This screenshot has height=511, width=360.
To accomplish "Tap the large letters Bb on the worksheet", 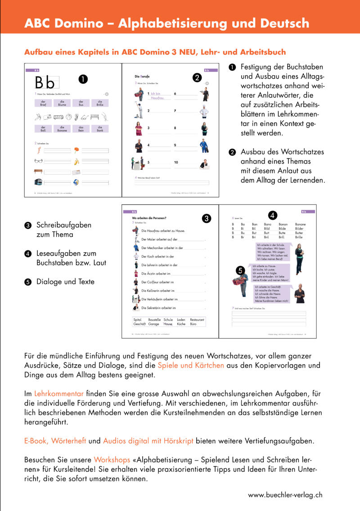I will pos(45,82).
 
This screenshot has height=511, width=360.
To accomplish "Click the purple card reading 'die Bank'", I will pos(100,128).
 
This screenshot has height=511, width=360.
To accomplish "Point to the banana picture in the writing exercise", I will pos(76,161).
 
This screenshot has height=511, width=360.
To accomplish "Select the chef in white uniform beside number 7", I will pos(205,110).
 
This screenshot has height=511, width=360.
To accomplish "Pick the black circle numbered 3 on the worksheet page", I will pos(207,219).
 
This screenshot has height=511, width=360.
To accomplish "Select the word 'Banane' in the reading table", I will pos(300,224).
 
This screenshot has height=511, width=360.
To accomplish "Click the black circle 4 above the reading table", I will pos(273,215).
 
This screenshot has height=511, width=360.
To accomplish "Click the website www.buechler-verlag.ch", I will pos(285,494).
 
